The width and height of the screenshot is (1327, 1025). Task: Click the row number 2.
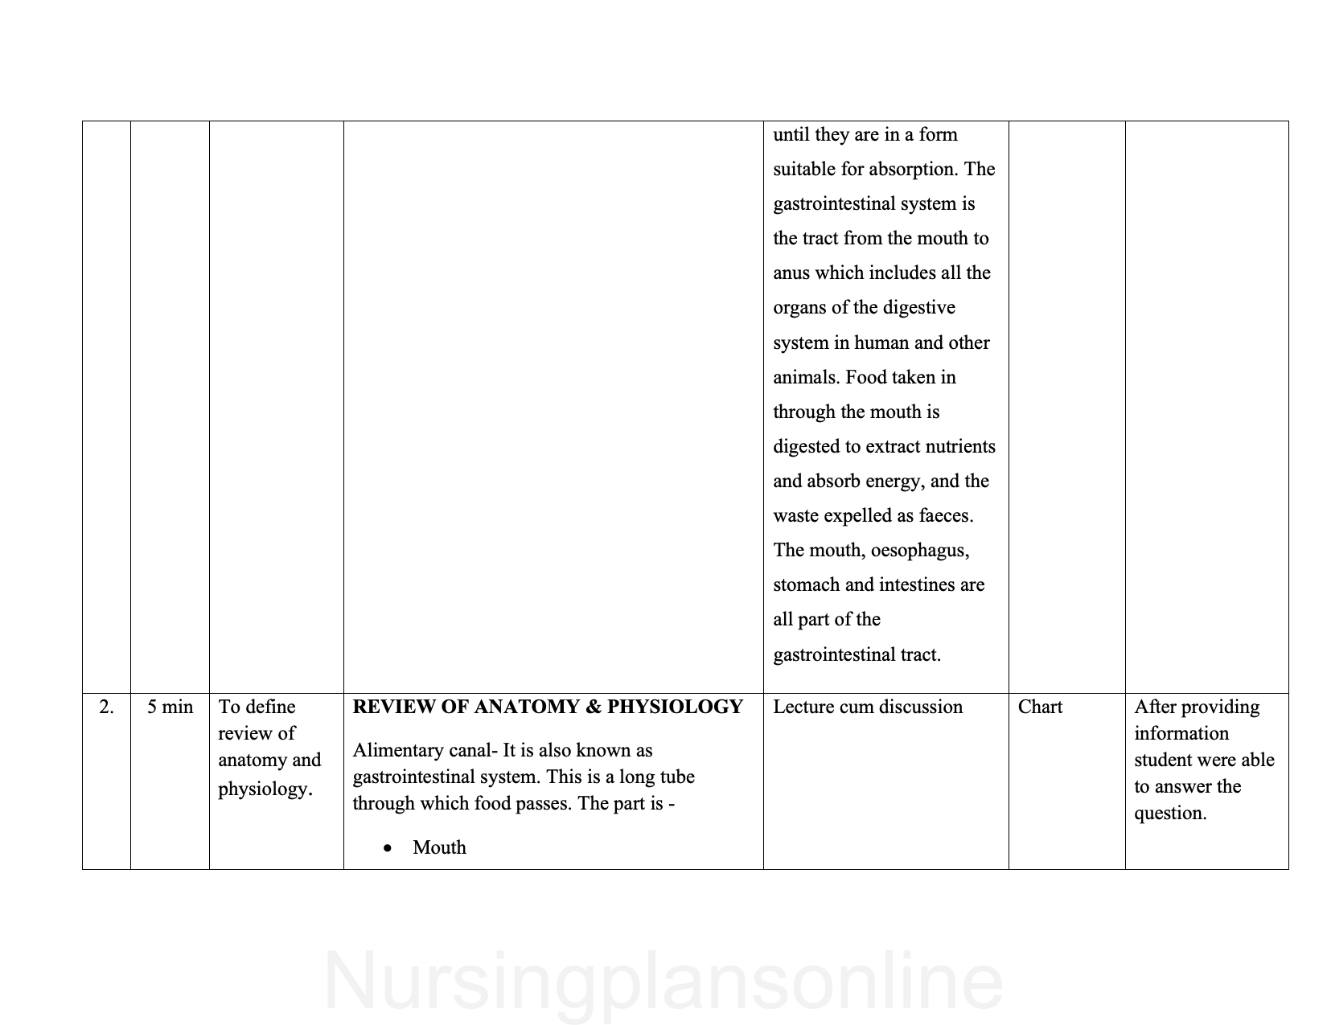[106, 707]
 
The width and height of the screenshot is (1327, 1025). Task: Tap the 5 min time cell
[170, 707]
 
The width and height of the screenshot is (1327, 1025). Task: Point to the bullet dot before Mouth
[389, 848]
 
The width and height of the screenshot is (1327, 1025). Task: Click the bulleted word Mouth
[439, 847]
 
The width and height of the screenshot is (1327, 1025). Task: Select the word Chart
[1040, 707]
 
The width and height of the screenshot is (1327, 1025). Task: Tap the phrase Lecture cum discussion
[868, 707]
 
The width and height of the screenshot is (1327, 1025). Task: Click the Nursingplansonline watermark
[663, 982]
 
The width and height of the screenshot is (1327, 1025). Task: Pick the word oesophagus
[919, 551]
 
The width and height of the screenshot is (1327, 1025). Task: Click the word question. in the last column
[1170, 814]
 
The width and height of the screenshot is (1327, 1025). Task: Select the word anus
[791, 273]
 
